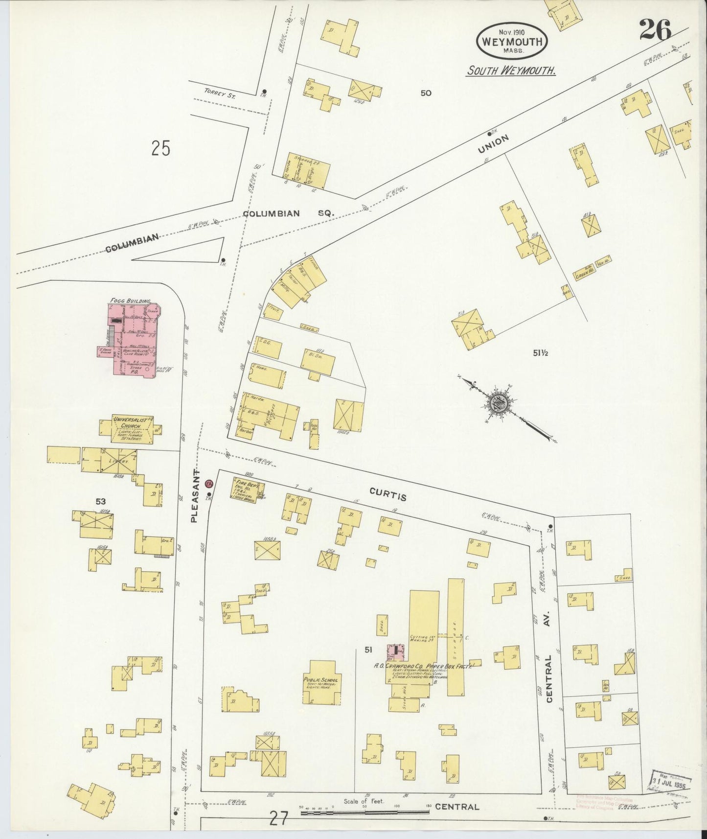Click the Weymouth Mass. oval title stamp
(512, 41)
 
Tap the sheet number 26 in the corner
(655, 32)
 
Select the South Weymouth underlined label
(511, 70)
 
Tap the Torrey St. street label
(220, 96)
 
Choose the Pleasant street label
(195, 495)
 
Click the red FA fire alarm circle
(209, 484)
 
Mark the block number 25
(160, 148)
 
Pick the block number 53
(101, 501)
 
